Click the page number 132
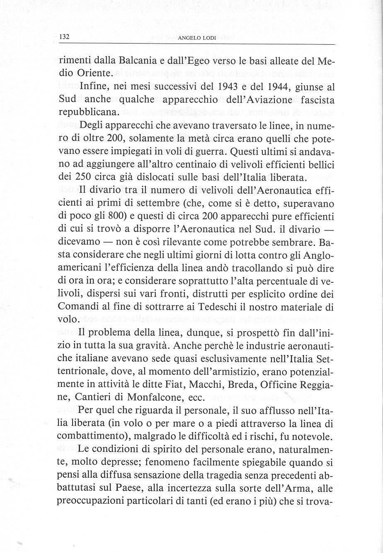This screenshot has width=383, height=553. (x=64, y=37)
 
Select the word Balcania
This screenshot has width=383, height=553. (x=138, y=61)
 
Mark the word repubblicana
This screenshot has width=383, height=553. (x=85, y=112)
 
